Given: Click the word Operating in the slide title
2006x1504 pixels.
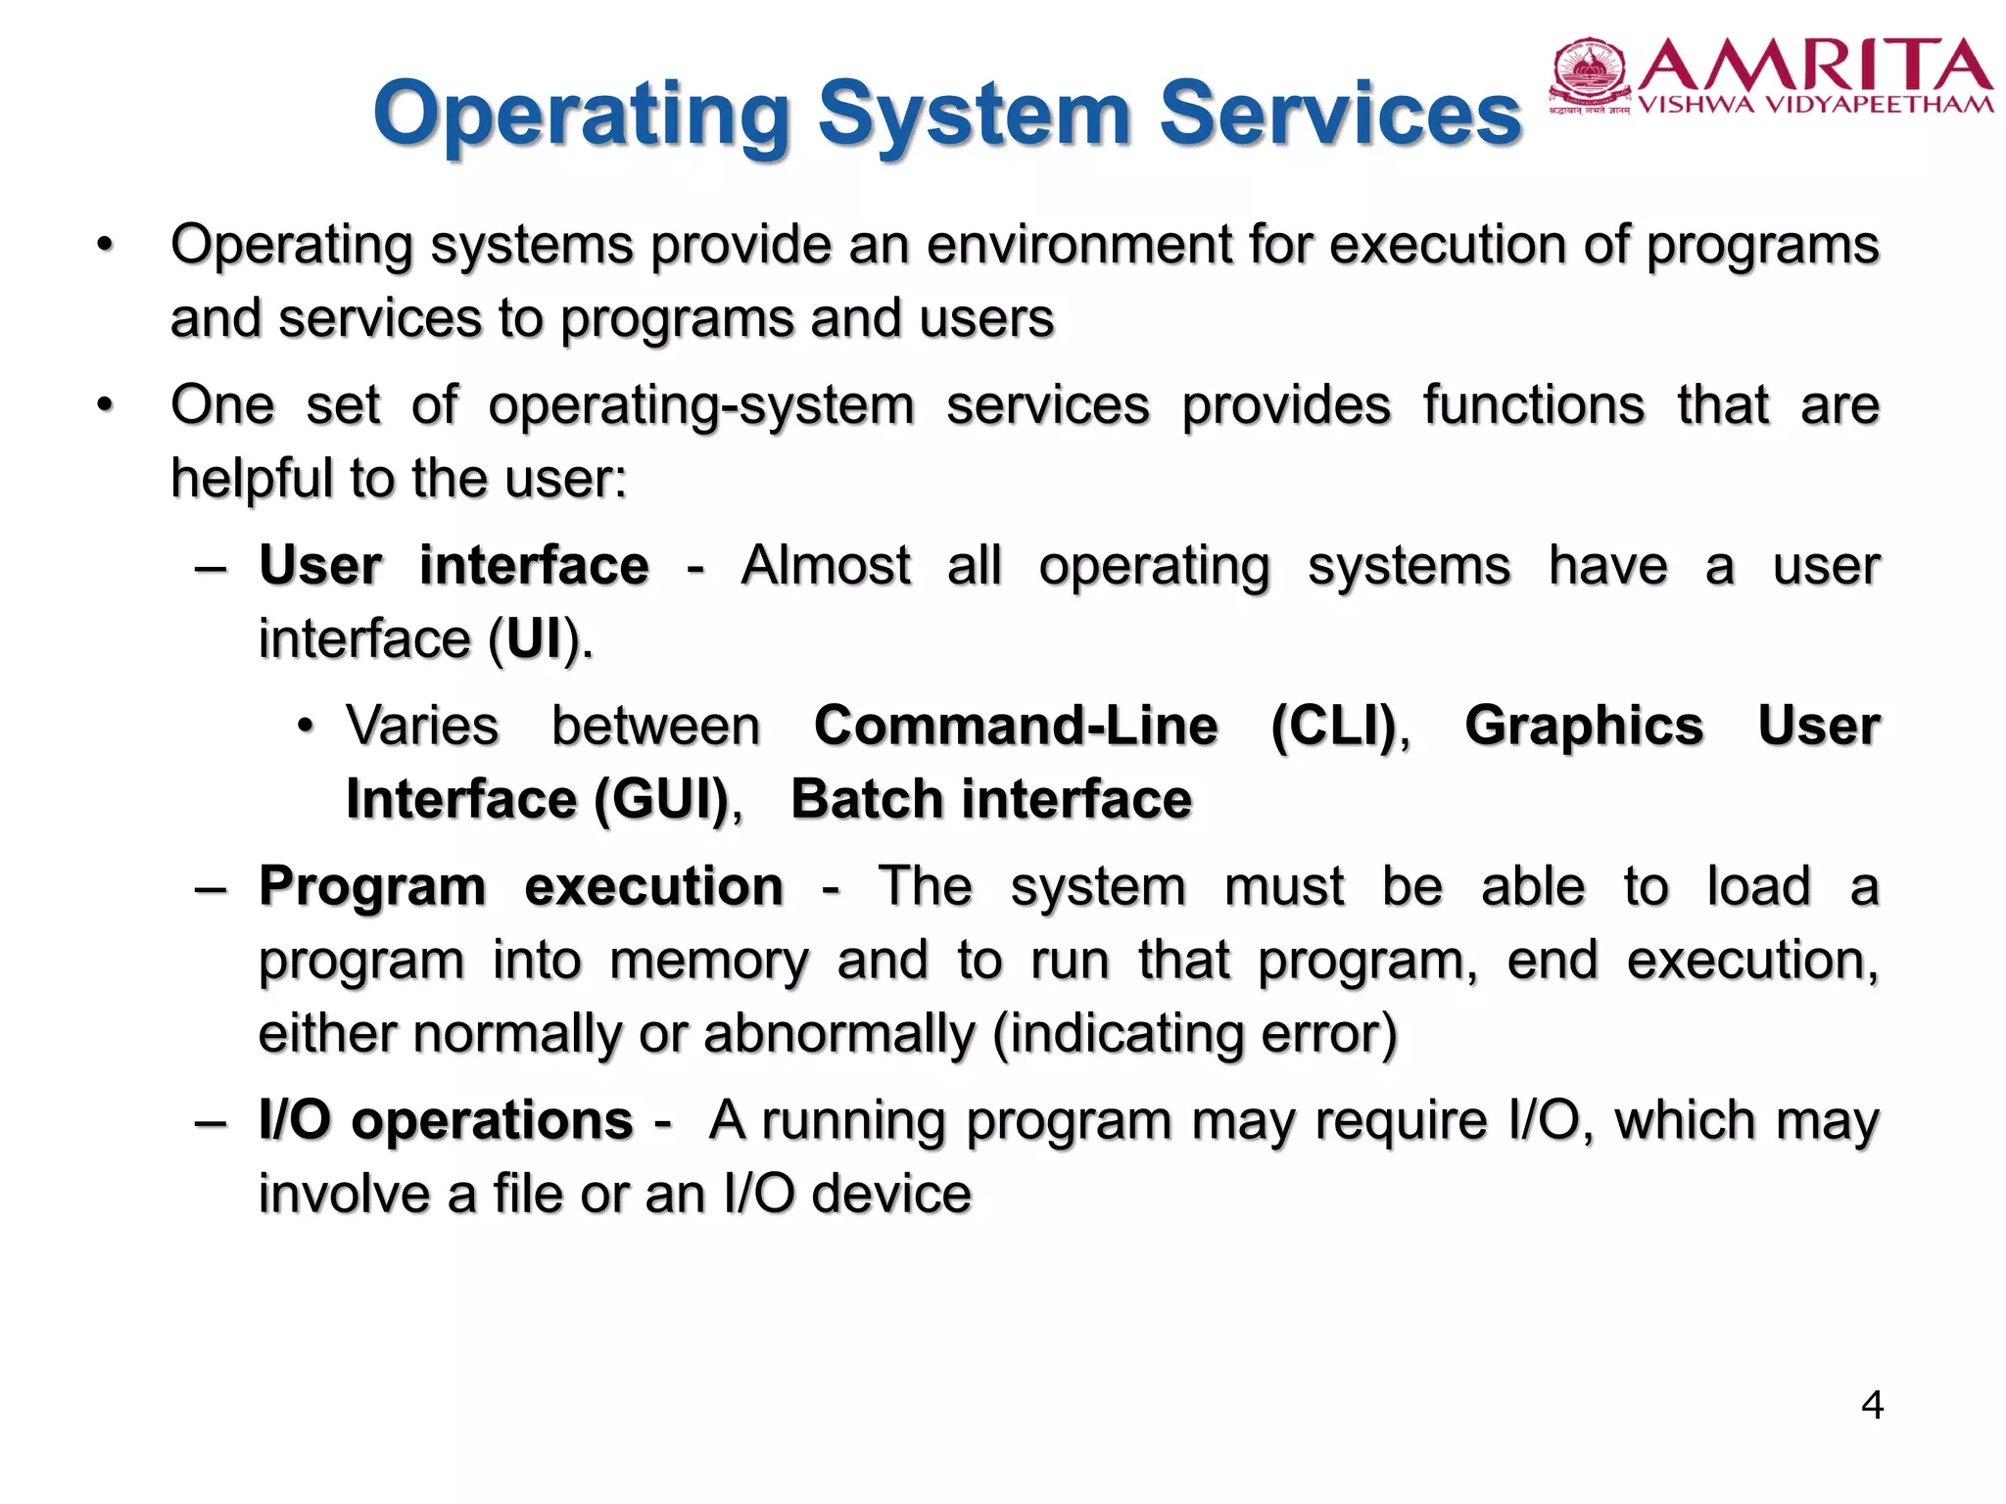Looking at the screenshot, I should (x=581, y=116).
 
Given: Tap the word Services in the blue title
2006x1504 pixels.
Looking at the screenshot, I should (x=1340, y=114).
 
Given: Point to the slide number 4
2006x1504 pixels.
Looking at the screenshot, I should (x=1872, y=1405).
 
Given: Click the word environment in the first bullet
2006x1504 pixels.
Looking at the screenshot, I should (x=1077, y=245).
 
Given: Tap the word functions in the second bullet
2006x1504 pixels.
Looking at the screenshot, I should (x=1533, y=405).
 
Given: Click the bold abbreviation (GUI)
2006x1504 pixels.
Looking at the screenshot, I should (x=663, y=800).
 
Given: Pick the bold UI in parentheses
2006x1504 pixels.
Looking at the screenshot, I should (x=536, y=640).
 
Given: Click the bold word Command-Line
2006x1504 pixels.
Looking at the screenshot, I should (x=1016, y=727).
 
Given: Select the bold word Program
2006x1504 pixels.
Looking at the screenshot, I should (x=372, y=887).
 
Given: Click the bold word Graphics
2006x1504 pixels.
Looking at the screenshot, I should (x=1584, y=727).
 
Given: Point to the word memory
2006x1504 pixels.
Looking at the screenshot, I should (x=709, y=961).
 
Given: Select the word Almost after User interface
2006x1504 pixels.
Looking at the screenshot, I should (x=826, y=566).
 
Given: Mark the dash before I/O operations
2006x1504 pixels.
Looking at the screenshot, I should (x=212, y=1122).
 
